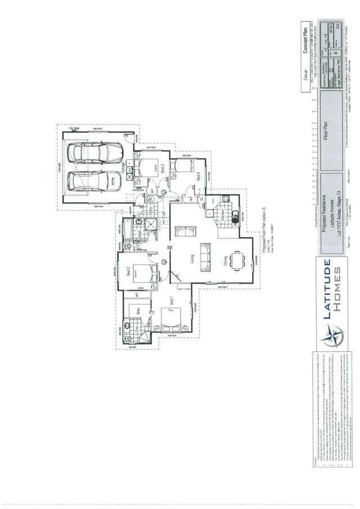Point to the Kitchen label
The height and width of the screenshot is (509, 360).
pos(224,215)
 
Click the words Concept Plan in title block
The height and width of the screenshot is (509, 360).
pos(306,45)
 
